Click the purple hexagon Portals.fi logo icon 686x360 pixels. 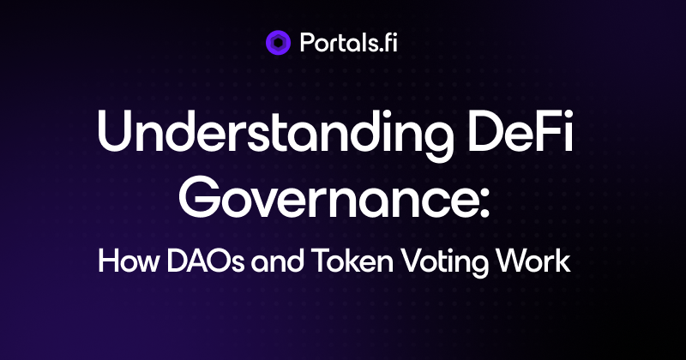pos(278,43)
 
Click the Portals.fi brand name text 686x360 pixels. pos(349,43)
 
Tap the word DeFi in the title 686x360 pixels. pos(521,131)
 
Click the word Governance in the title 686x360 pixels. pos(328,197)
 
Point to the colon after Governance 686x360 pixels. pos(484,203)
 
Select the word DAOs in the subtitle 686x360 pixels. pos(205,261)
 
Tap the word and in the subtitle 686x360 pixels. pos(277,261)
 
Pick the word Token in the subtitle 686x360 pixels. pos(352,261)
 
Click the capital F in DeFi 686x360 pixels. pos(550,131)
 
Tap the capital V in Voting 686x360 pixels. pos(412,261)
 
